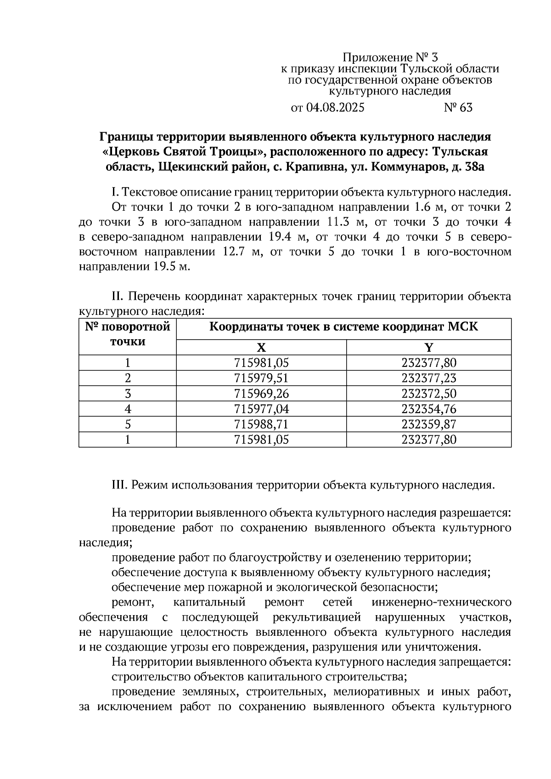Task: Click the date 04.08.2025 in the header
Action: point(335,108)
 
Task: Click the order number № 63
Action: point(458,108)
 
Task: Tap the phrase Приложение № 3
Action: point(390,57)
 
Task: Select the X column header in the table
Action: point(261,347)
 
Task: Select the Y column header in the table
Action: point(428,347)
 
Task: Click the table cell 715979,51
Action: point(261,378)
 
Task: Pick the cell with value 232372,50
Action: point(428,393)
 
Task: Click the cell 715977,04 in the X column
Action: point(261,409)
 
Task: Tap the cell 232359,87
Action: point(428,424)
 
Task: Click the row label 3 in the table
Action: point(128,393)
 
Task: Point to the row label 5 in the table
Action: point(128,424)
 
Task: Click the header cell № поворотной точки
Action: point(128,334)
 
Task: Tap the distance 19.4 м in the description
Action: point(286,237)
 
